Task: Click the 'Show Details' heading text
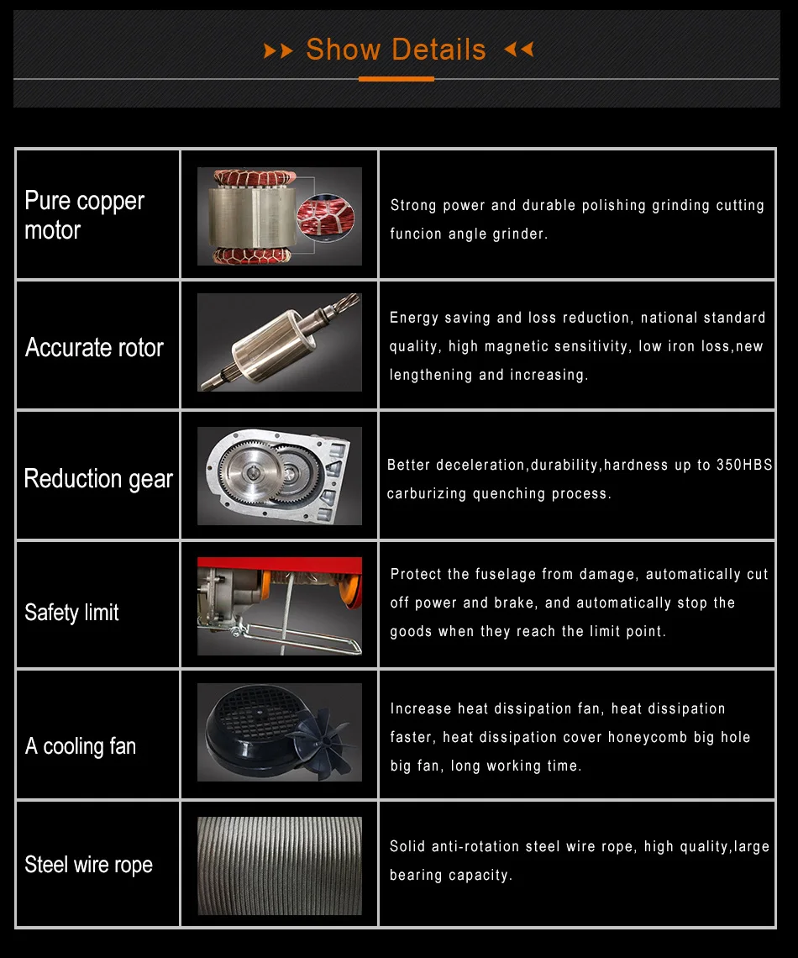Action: (396, 50)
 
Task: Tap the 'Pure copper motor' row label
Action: (84, 215)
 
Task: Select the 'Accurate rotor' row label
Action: (94, 347)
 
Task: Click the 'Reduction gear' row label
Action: (98, 478)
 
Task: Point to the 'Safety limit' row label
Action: (71, 612)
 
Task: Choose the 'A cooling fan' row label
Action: (81, 745)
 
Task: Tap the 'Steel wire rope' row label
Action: (88, 864)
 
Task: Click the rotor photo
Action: (280, 343)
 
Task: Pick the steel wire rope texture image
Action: (280, 866)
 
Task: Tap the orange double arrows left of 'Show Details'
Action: (279, 51)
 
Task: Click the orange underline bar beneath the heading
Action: (396, 79)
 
